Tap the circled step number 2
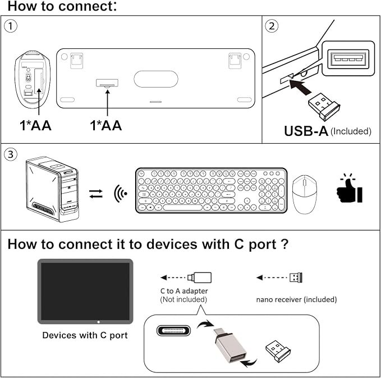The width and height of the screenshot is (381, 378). [272, 25]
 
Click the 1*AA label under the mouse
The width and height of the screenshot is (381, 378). [35, 125]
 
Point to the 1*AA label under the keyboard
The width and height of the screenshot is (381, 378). [106, 125]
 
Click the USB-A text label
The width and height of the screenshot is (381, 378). [306, 131]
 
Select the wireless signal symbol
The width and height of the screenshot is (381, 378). [120, 194]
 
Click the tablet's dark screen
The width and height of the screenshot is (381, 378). [85, 290]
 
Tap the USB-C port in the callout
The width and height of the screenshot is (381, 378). [174, 330]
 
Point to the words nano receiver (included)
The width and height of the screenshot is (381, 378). [296, 299]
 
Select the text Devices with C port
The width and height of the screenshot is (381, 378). [85, 335]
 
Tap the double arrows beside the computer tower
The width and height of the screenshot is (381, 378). [96, 194]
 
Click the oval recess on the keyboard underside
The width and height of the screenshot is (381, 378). [155, 79]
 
